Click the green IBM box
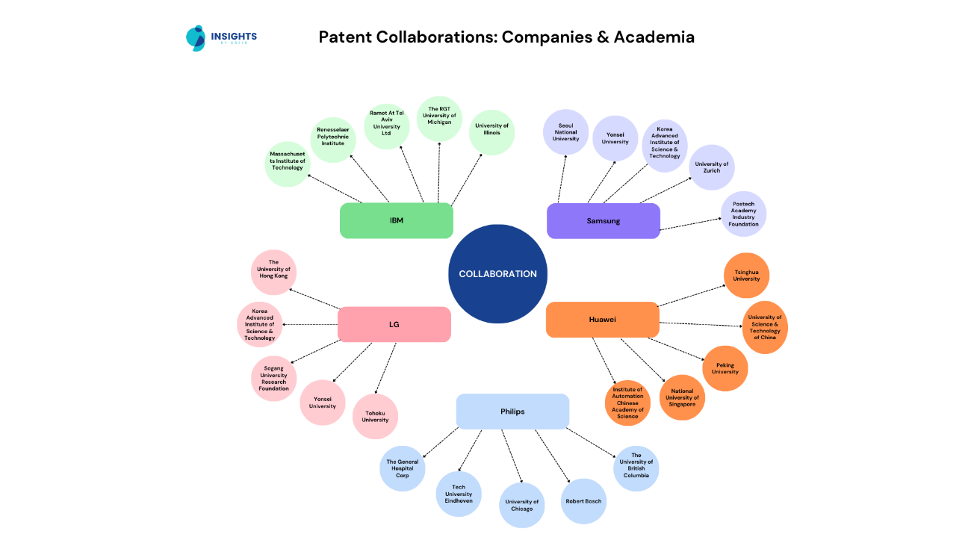click(x=396, y=220)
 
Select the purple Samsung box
click(x=603, y=221)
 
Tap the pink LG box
click(x=394, y=324)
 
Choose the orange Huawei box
click(x=602, y=320)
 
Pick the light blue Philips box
click(x=512, y=412)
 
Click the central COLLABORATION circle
click(x=497, y=274)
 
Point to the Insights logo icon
click(x=196, y=37)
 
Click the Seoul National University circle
click(x=565, y=132)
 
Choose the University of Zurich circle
click(x=712, y=167)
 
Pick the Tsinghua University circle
click(x=746, y=276)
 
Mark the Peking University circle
click(x=725, y=368)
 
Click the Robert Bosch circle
click(x=584, y=501)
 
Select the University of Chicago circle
click(x=521, y=506)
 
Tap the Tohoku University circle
click(x=375, y=417)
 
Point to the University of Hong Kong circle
click(x=274, y=272)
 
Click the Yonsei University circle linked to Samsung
click(x=615, y=138)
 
